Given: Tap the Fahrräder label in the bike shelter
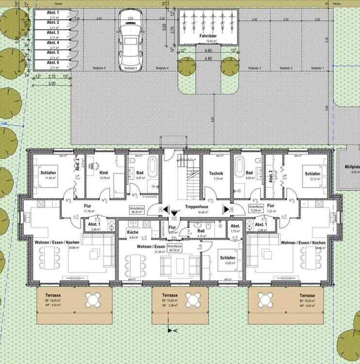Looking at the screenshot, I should tap(207, 36).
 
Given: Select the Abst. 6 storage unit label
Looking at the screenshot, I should tap(53, 63).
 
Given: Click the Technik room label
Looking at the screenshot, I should tap(216, 173).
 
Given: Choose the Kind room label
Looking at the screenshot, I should tap(103, 173).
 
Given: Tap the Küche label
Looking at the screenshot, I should tap(133, 232).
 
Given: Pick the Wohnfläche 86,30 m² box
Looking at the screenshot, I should tap(136, 210).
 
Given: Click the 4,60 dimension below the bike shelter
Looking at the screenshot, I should tap(208, 50).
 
